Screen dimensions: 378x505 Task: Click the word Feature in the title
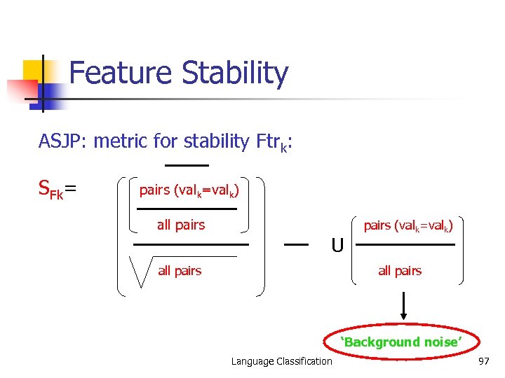[x=121, y=73]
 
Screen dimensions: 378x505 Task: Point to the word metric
[x=120, y=141]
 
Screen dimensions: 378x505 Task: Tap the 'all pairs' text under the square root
[x=180, y=271]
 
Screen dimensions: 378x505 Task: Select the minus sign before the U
[x=297, y=244]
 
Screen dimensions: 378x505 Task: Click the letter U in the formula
[x=337, y=246]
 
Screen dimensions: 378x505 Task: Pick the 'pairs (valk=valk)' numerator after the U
[x=408, y=225]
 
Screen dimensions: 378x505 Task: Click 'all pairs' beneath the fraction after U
[x=400, y=271]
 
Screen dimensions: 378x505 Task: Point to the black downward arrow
[x=405, y=308]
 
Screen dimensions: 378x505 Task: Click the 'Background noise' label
[x=401, y=342]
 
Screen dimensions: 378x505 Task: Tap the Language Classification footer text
[x=282, y=361]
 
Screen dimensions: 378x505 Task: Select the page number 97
[x=483, y=361]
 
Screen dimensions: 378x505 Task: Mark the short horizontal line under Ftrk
[x=187, y=165]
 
